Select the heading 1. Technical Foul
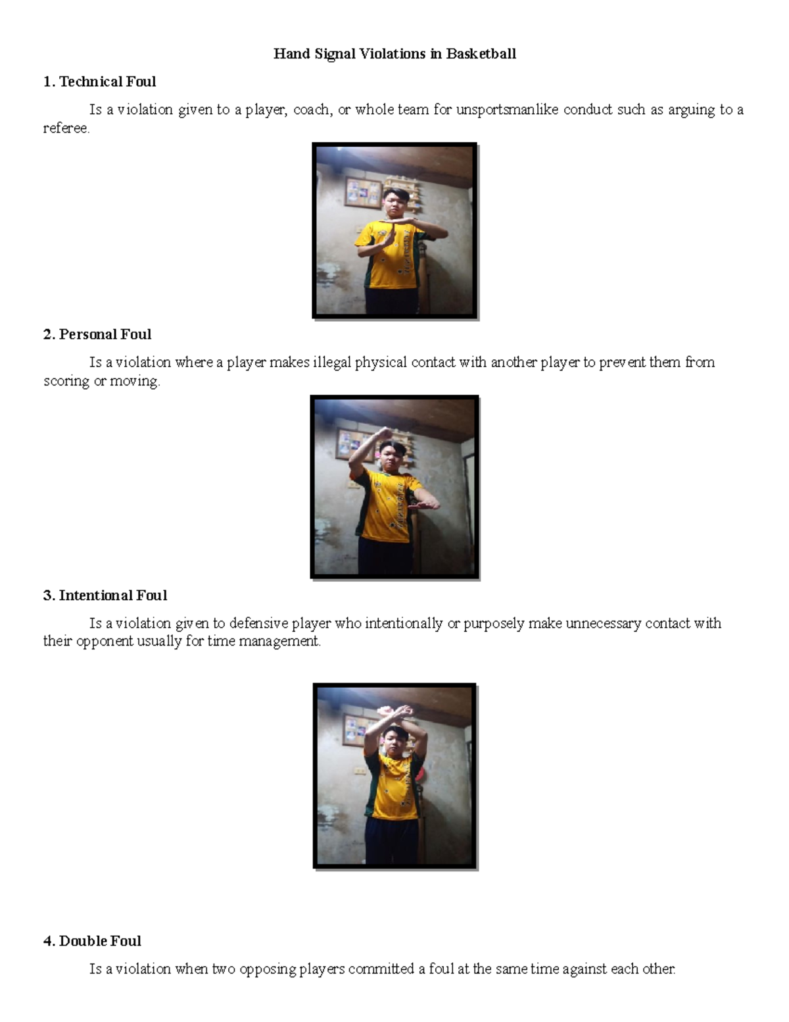[99, 82]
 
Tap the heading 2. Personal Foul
[97, 334]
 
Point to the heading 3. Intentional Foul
[105, 596]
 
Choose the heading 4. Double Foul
[92, 941]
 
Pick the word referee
[66, 128]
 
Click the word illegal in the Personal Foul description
[332, 363]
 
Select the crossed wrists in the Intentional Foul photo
[394, 712]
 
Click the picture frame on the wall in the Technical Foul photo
[363, 192]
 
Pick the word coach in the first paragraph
[312, 110]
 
